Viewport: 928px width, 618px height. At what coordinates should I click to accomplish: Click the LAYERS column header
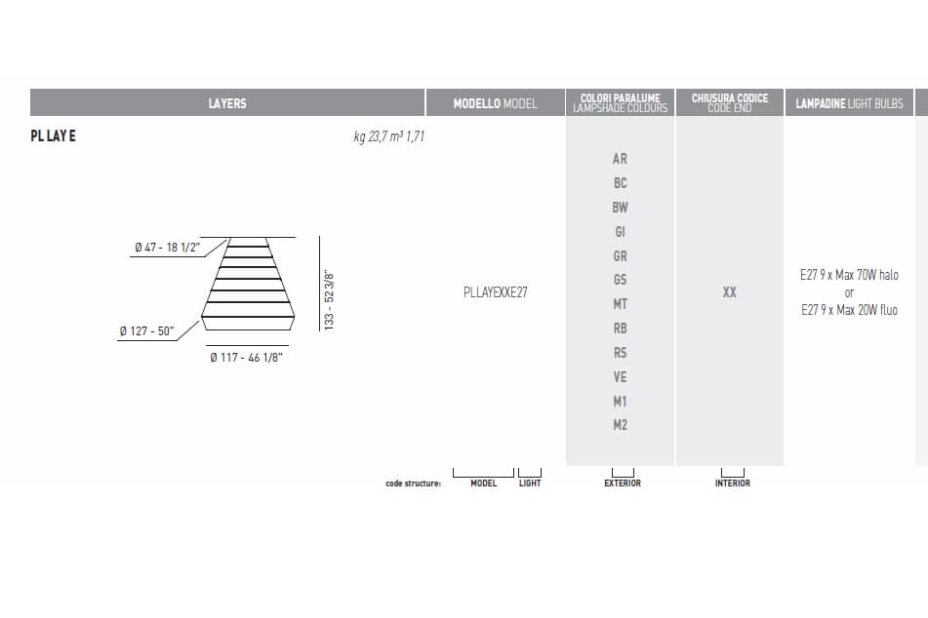click(x=227, y=103)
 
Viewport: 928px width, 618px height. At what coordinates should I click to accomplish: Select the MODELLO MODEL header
click(x=496, y=103)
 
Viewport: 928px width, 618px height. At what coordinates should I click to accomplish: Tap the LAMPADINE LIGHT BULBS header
click(x=849, y=103)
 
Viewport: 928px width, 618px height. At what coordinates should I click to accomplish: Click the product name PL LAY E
click(x=54, y=136)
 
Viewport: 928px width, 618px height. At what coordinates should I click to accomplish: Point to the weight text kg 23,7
click(x=370, y=136)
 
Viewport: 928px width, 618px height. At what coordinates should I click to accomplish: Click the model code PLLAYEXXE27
click(x=496, y=292)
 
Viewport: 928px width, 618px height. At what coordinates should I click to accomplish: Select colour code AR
click(x=620, y=159)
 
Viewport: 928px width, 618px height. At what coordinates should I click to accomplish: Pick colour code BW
click(x=620, y=208)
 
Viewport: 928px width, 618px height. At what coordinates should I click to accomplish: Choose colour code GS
click(x=620, y=280)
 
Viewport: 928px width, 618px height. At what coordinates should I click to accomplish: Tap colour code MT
click(x=620, y=304)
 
